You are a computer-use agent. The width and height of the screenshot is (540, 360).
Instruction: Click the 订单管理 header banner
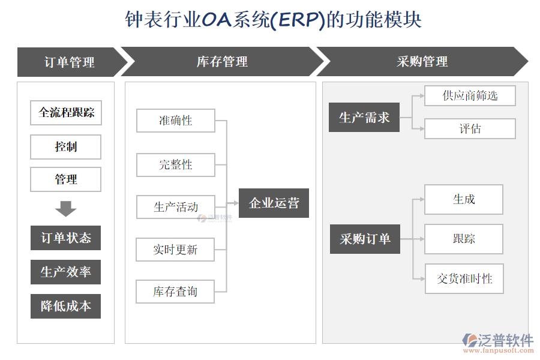[69, 62]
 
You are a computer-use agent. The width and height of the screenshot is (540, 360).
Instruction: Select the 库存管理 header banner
[222, 62]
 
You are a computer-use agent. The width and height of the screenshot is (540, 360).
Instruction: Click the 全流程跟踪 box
[66, 113]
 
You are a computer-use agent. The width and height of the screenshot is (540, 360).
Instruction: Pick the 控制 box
[66, 146]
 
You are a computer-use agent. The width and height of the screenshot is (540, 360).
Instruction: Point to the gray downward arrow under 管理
[66, 209]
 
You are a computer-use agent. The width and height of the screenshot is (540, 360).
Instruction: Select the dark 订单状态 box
[66, 238]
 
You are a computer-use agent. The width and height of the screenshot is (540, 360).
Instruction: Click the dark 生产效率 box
[66, 272]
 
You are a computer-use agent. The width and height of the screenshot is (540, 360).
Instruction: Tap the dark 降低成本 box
[66, 306]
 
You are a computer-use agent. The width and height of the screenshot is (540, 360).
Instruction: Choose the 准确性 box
[176, 121]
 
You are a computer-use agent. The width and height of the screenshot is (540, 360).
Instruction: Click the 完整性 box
[176, 164]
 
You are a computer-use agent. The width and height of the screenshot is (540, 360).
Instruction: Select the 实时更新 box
[175, 250]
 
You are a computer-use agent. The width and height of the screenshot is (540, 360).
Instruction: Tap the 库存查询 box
[175, 292]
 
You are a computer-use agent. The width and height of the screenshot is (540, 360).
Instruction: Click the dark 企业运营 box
[274, 203]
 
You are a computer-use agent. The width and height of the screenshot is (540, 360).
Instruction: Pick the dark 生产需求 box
[364, 118]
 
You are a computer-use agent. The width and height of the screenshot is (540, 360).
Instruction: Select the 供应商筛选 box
[470, 96]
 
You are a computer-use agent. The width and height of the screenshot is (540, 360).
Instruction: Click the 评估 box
[470, 129]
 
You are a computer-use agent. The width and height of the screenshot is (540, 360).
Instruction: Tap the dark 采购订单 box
[365, 239]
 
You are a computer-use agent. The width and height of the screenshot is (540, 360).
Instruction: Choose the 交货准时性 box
[464, 279]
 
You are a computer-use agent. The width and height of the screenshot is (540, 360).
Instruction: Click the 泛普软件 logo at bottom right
[497, 341]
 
